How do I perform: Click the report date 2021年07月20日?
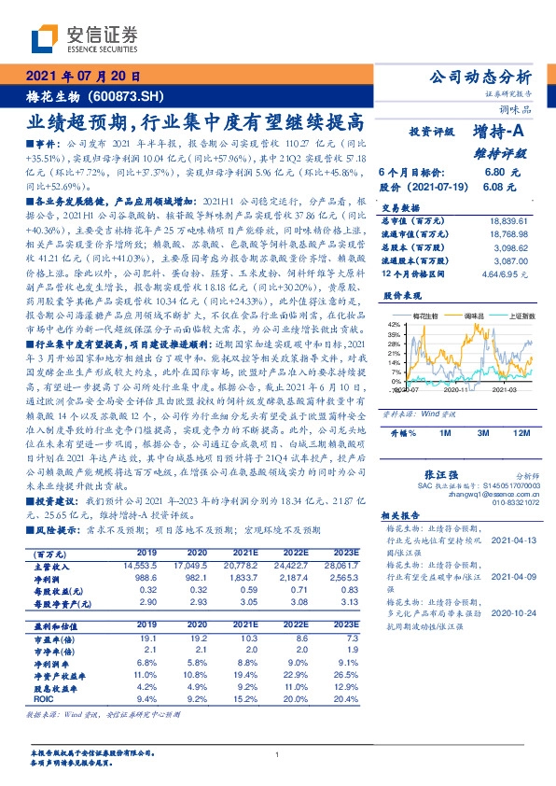(83, 77)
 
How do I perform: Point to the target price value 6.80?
(494, 174)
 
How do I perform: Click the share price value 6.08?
(494, 187)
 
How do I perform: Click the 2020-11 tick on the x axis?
(457, 395)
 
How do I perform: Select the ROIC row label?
(43, 698)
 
